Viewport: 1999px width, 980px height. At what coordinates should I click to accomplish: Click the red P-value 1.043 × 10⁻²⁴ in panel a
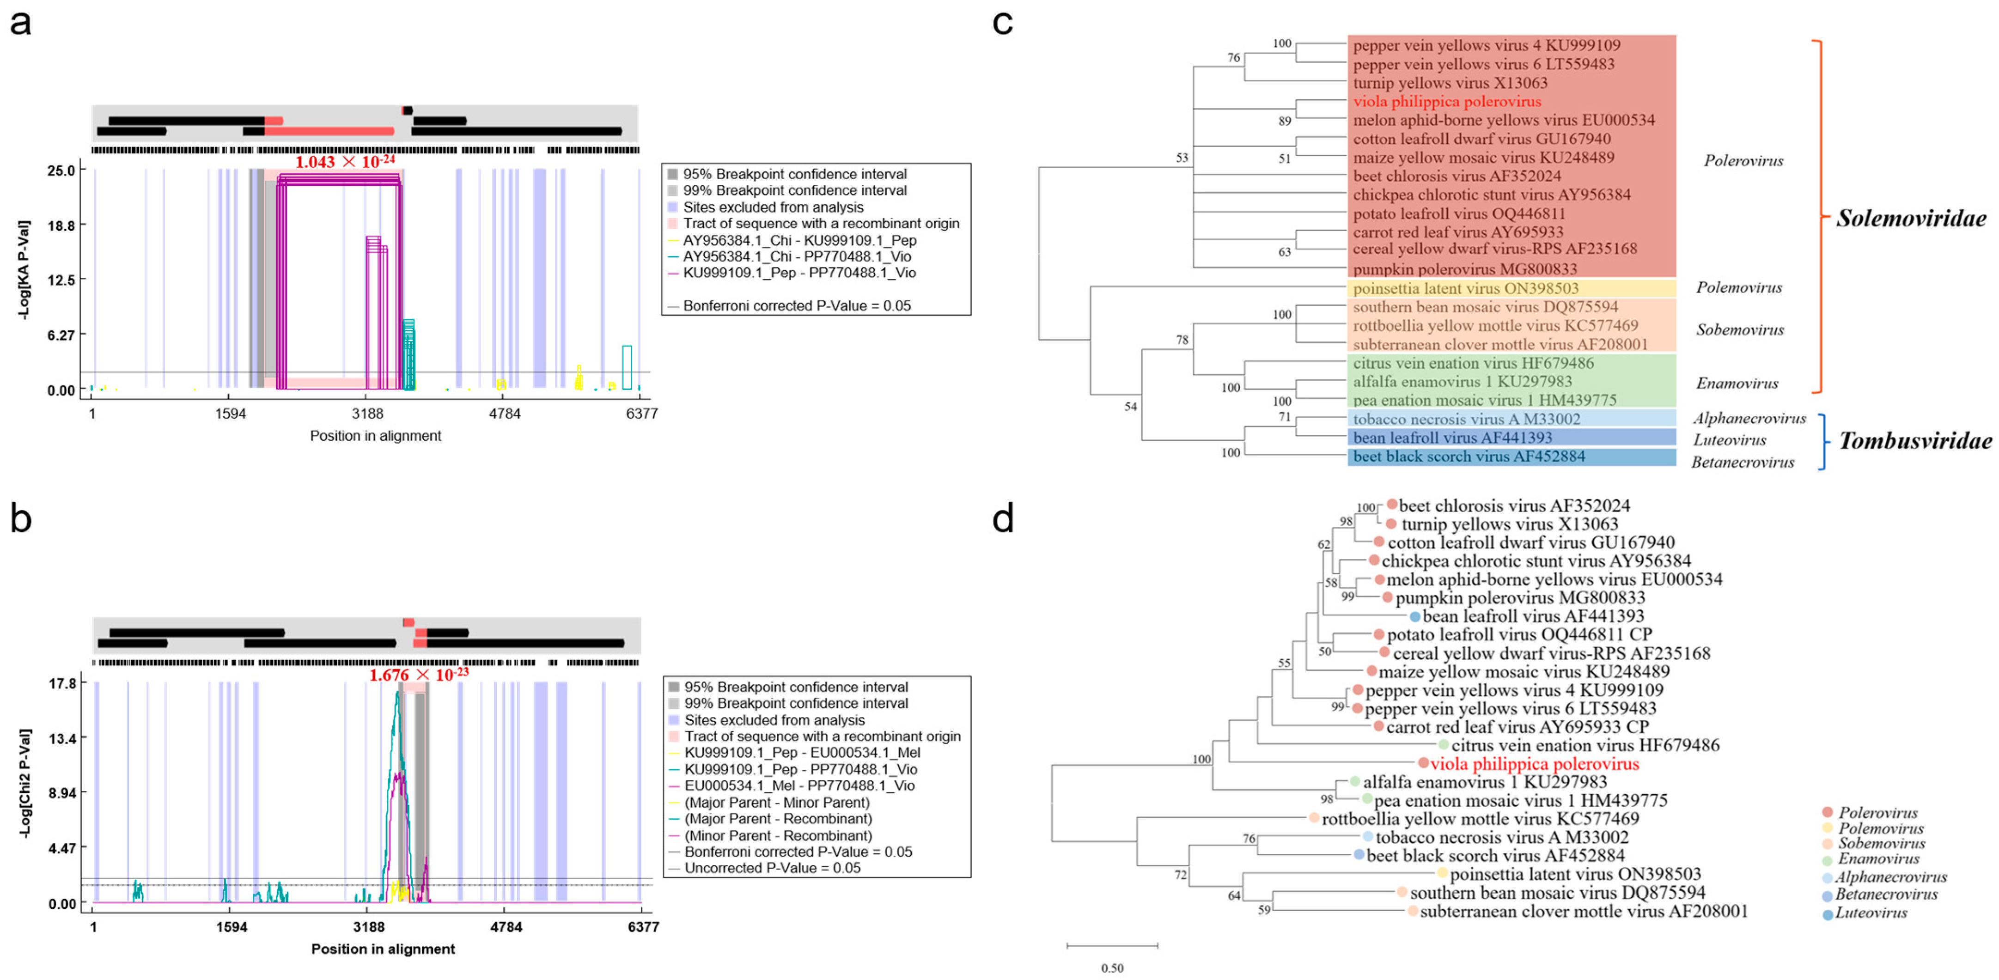tap(345, 162)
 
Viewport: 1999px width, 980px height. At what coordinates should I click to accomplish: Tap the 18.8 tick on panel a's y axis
tap(61, 225)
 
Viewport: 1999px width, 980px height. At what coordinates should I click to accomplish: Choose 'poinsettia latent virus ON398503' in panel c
tap(1465, 289)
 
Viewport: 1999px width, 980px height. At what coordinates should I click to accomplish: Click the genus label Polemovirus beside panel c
tap(1738, 288)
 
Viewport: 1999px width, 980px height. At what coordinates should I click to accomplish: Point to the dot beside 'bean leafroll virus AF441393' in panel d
tap(1414, 617)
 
